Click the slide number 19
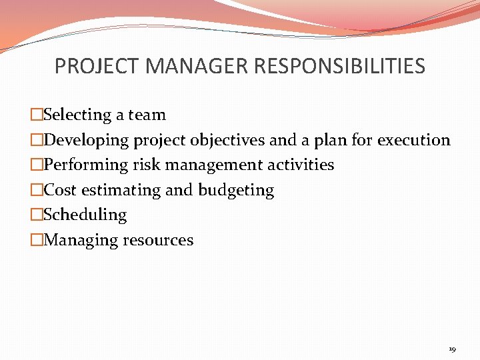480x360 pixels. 452,349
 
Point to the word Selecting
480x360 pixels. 78,115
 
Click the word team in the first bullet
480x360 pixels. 147,115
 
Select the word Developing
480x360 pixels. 87,141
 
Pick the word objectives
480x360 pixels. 228,141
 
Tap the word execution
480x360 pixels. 414,141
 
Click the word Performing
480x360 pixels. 85,165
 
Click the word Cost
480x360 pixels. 61,191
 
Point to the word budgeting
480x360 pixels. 236,191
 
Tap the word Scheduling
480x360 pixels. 85,215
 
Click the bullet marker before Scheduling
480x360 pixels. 37,215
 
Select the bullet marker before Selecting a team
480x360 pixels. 37,115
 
